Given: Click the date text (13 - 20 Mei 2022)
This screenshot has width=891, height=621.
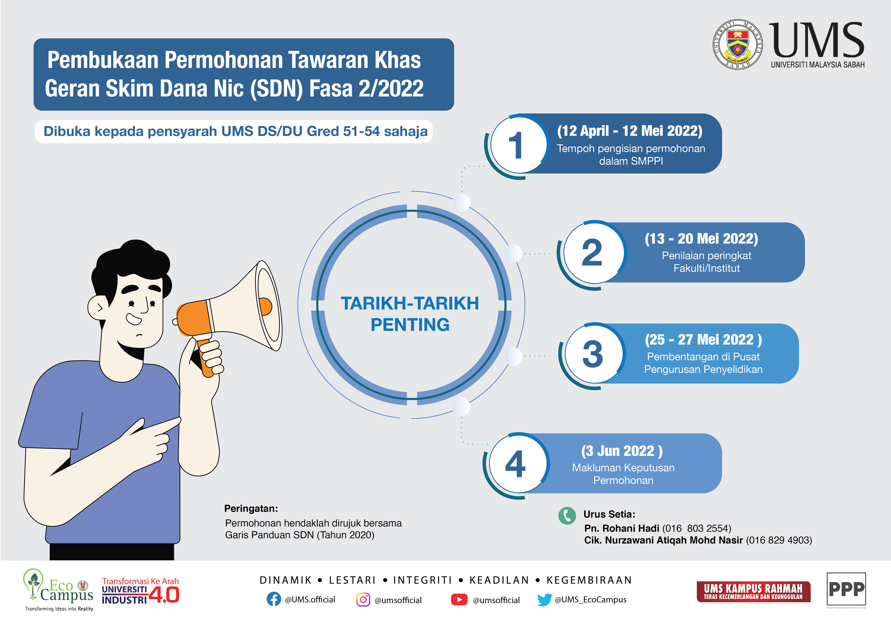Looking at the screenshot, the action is [x=701, y=238].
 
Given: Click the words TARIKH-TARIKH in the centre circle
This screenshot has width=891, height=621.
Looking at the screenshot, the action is [x=410, y=303].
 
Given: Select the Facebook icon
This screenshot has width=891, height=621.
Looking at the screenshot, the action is [x=274, y=599].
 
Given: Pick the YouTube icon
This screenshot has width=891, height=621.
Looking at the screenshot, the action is [x=459, y=600].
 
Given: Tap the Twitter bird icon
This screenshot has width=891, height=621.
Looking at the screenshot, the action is [x=544, y=600].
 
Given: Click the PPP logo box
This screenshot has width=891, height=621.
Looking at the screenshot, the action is [x=846, y=589].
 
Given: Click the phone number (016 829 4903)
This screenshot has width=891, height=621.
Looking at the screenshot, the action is [x=779, y=540].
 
